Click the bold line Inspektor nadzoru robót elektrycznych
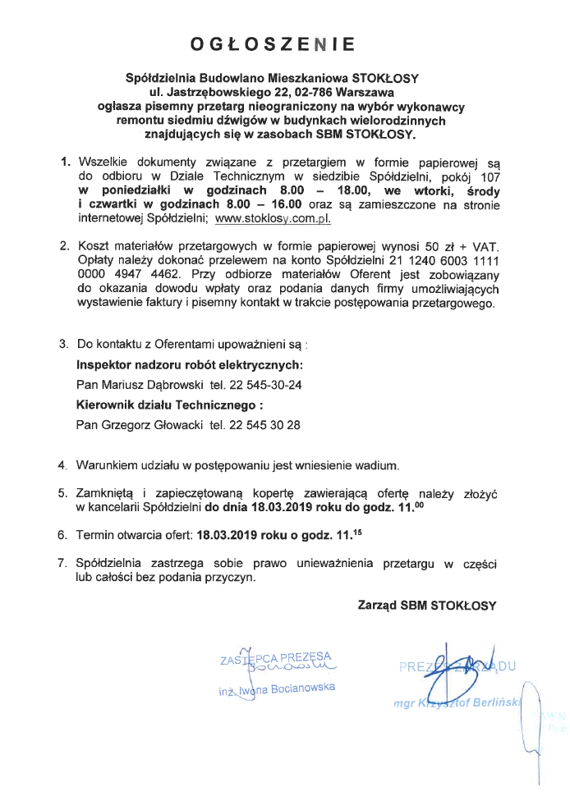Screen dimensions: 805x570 coord(190,364)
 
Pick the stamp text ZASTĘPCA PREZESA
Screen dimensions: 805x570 coord(274,658)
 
